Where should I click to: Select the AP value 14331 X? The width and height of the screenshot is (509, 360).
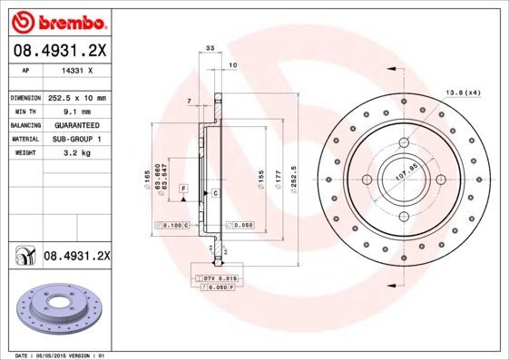pyautogui.click(x=73, y=69)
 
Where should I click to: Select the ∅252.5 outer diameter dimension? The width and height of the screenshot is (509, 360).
pyautogui.click(x=296, y=172)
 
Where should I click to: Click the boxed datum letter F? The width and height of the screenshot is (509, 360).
pyautogui.click(x=183, y=187)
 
